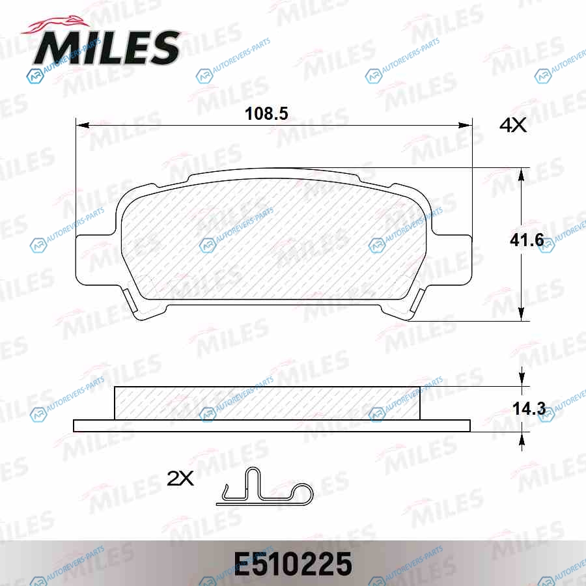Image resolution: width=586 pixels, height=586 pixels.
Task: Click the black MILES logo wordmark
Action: pos(107,48)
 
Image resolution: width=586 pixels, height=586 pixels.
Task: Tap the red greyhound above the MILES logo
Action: pos(56,25)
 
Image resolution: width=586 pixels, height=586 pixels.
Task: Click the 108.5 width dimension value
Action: pos(266,113)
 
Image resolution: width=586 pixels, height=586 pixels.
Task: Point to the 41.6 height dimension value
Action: pos(527,240)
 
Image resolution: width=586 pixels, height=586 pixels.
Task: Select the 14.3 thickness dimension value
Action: pos(529,409)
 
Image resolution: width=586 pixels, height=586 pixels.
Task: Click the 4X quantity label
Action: pos(513,125)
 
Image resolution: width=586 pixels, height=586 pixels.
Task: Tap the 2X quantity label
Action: pos(180,479)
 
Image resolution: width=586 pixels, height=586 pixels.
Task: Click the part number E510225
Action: pos(293,564)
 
